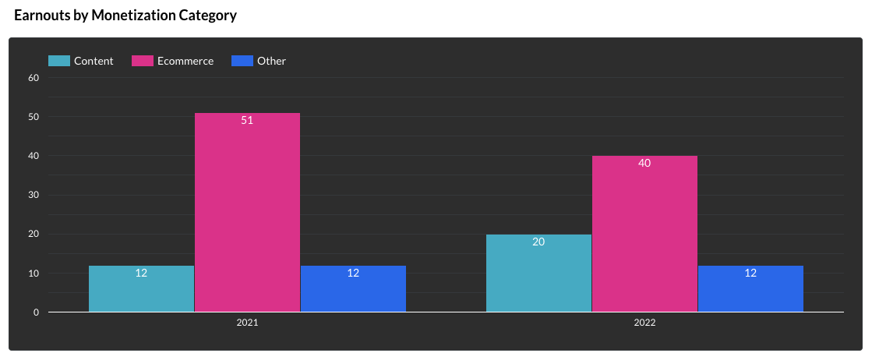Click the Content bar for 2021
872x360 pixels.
[x=141, y=289]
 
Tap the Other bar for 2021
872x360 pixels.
[x=353, y=289]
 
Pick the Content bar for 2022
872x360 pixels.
[x=538, y=274]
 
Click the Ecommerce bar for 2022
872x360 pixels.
[x=644, y=234]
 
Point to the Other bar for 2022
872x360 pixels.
[x=750, y=289]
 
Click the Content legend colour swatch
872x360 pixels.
[x=59, y=61]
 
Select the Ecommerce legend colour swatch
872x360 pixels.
[x=143, y=61]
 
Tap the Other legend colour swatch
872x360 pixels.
[x=242, y=61]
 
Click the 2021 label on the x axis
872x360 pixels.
[x=247, y=322]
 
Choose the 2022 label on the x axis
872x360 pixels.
[x=644, y=322]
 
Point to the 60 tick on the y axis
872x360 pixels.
[x=34, y=78]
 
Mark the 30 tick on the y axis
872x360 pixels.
[x=34, y=195]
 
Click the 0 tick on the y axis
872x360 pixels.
[x=36, y=312]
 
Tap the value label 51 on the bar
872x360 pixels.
[x=247, y=121]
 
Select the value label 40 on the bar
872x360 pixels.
[x=644, y=164]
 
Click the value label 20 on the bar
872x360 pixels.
[x=538, y=242]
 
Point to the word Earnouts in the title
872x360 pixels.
[x=41, y=15]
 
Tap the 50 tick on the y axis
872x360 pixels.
[x=34, y=117]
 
